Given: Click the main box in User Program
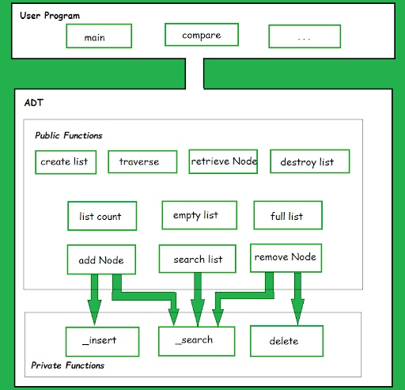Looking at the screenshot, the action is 99,36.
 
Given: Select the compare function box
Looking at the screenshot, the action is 202,35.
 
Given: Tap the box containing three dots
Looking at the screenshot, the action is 305,36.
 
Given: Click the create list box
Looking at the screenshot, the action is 66,162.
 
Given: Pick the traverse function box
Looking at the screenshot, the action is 142,161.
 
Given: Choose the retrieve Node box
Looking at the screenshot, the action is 223,161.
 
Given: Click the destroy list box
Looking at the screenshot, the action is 310,161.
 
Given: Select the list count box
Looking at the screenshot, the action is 102,216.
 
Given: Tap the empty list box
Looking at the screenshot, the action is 199,215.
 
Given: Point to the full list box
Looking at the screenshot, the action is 288,215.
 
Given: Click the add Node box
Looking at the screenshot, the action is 101,259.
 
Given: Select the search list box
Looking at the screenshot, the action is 197,259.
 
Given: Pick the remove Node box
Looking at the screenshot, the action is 286,258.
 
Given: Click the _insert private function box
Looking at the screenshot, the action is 102,342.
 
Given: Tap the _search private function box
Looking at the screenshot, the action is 196,341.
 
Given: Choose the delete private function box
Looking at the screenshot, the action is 286,341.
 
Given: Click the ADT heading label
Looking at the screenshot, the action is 34,103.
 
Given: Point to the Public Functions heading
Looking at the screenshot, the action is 69,135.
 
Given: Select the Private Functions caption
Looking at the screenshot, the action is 68,365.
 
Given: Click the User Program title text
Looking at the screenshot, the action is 50,16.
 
